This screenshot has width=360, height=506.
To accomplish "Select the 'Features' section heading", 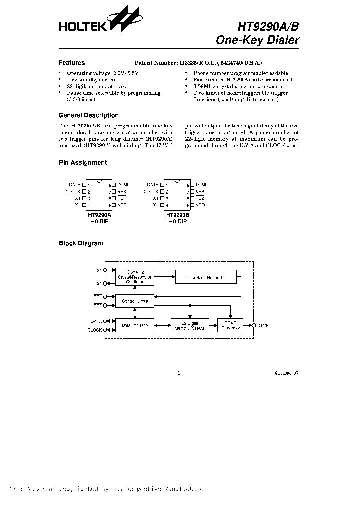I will tap(72, 63).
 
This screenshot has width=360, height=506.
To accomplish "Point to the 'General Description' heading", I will tap(89, 115).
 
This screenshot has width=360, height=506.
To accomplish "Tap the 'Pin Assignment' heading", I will tap(83, 162).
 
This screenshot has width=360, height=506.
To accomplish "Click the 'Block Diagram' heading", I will tap(81, 243).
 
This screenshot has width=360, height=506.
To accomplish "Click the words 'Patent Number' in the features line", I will tap(156, 63).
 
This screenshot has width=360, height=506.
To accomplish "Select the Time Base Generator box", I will tap(206, 277).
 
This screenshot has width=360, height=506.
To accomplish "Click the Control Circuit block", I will tap(134, 301).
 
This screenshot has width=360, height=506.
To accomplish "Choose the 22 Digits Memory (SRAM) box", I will tap(189, 325).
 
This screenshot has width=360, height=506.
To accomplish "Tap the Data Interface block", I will tap(134, 325).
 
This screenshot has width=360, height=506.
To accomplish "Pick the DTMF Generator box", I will tap(230, 325).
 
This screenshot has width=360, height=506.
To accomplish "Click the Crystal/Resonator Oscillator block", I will tap(134, 276).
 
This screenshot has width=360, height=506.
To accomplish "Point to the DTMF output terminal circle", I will tap(253, 325).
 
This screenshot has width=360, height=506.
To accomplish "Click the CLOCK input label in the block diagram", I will tap(95, 330).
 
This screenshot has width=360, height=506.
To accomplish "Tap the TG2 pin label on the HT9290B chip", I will tap(200, 198).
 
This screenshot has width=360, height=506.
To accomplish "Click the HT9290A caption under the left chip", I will tap(99, 215).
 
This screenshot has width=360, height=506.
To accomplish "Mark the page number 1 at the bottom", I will tap(178, 373).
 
